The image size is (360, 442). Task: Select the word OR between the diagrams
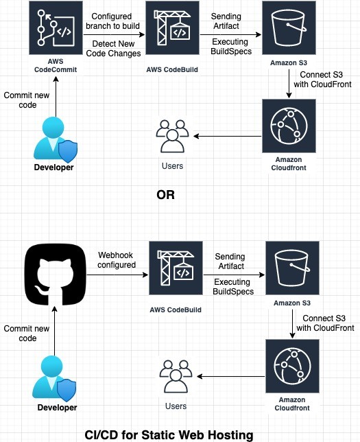[x=165, y=194]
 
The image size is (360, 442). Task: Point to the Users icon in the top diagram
[x=173, y=136]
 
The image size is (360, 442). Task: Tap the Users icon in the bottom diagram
[x=176, y=375]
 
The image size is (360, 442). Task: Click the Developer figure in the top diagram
[x=55, y=140]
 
